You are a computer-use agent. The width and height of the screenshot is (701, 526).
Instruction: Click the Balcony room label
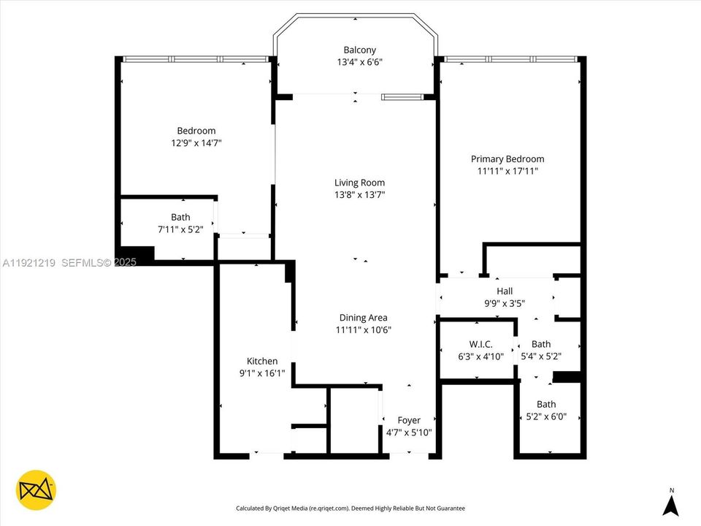[x=354, y=50]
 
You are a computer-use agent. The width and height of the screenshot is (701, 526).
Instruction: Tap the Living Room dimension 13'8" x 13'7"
[x=359, y=195]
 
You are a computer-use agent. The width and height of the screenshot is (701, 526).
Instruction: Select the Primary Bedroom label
[x=507, y=159]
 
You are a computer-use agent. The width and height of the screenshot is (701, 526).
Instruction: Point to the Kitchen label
[x=262, y=361]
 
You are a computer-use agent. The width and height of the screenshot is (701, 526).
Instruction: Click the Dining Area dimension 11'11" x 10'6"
[x=363, y=329]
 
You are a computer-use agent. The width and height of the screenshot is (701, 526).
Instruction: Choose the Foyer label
[x=408, y=420]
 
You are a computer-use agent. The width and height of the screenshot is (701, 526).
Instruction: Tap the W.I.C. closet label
[x=480, y=344]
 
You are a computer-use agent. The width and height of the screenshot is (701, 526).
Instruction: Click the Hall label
[x=504, y=291]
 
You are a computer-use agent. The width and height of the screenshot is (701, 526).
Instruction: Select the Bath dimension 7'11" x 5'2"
[x=180, y=229]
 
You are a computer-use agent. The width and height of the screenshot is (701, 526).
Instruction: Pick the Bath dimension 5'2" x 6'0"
[x=546, y=417]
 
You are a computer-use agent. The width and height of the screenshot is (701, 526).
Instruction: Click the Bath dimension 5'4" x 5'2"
[x=541, y=357]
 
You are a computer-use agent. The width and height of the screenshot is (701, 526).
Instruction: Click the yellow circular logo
[x=37, y=489]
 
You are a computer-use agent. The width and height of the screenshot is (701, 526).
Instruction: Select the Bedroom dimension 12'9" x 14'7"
[x=196, y=143]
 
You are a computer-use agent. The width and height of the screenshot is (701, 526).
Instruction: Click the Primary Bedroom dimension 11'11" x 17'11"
[x=507, y=171]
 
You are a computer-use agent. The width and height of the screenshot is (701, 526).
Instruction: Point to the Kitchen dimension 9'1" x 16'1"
[x=262, y=373]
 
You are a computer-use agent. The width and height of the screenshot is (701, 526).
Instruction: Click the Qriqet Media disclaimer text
[x=350, y=508]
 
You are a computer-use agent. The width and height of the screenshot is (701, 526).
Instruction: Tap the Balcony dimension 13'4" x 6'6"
[x=354, y=63]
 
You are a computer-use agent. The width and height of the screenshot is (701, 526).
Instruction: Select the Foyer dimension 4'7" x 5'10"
[x=408, y=432]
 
